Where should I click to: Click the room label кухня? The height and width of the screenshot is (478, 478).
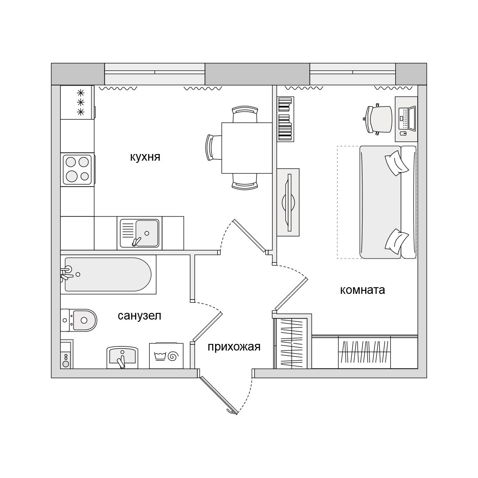point(145,157)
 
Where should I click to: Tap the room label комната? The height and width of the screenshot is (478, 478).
point(362,290)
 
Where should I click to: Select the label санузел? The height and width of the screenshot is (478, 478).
point(139,316)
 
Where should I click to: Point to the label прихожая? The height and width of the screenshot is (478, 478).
point(234,347)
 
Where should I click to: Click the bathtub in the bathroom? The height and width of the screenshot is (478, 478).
point(108,274)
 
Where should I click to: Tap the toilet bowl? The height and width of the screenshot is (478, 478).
point(79,320)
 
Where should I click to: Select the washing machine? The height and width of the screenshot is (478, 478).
point(166,356)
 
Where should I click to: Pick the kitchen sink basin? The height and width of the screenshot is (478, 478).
point(139,233)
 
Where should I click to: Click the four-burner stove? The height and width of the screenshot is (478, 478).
point(77,170)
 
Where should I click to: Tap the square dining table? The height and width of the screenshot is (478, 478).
point(247,148)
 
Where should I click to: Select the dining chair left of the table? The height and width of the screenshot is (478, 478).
point(214,147)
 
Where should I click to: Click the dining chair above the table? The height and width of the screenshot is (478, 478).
point(245,114)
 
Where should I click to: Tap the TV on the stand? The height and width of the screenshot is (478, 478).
point(289,202)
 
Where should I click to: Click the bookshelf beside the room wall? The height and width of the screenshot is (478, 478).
point(285,119)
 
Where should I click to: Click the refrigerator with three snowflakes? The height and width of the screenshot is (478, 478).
point(77,102)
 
